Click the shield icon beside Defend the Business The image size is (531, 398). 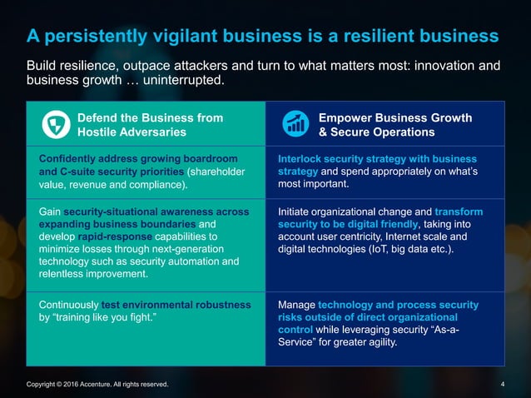(54, 125)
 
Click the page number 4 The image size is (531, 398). (504, 384)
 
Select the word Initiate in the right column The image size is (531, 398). (297, 211)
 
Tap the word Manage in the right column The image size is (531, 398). (296, 305)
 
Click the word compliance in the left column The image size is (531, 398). (155, 188)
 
